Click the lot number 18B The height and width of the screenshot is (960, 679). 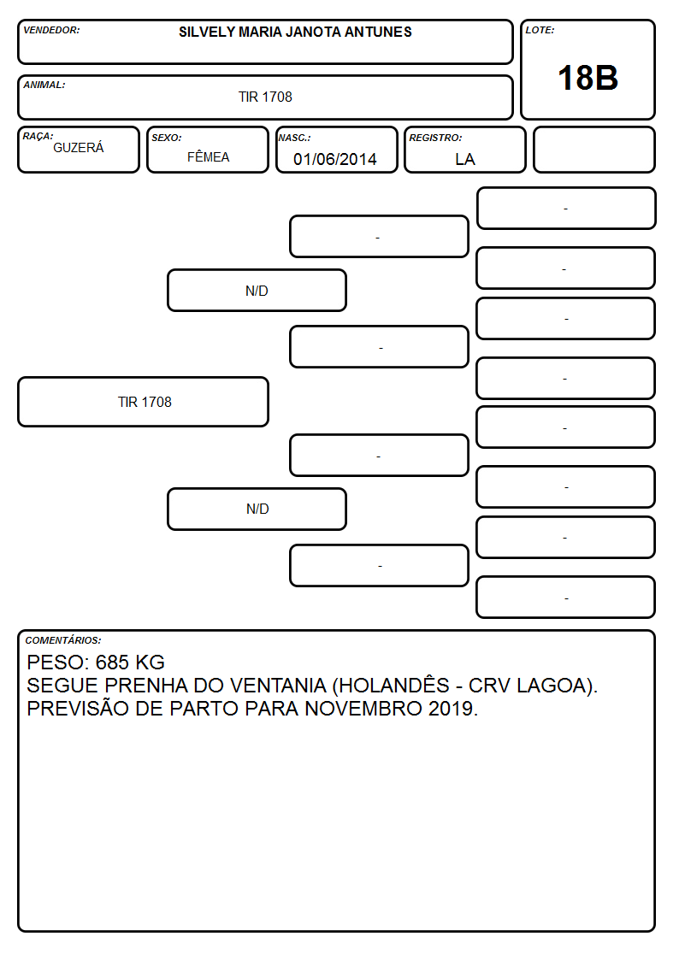pos(587,78)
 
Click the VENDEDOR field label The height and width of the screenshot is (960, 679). pos(51,30)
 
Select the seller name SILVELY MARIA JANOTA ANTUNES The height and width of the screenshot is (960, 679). pos(295,32)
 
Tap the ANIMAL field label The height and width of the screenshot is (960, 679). pos(44,85)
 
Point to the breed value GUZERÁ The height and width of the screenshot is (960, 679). pos(79,148)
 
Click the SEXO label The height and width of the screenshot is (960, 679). pos(167,138)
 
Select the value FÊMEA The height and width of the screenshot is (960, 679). pos(208,156)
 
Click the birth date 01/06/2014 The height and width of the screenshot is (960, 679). pos(335,159)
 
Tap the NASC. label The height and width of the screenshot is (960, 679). pos(294,138)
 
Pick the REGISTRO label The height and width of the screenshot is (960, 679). pos(435,138)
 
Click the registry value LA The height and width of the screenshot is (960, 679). pos(464,159)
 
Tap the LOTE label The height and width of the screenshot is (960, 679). pos(540,30)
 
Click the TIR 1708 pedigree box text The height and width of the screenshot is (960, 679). pos(145,402)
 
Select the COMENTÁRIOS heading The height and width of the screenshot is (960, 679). pos(63,640)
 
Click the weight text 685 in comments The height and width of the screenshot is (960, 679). pos(112,663)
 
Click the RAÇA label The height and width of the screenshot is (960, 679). pos(38,136)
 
